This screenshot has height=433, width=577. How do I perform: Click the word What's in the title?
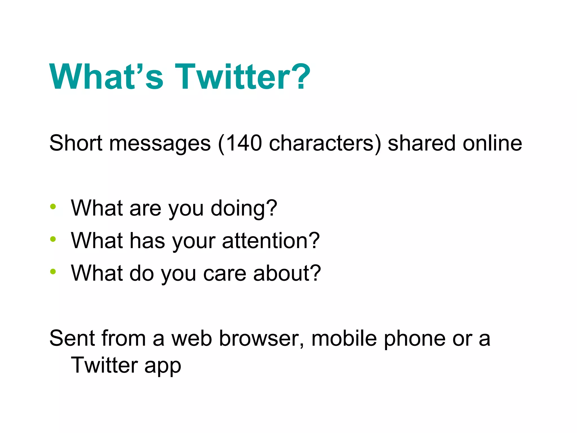pyautogui.click(x=106, y=77)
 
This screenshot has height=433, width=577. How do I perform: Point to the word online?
pyautogui.click(x=492, y=143)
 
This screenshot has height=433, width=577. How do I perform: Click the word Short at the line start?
pyautogui.click(x=76, y=143)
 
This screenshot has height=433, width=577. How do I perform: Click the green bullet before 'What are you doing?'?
pyautogui.click(x=53, y=207)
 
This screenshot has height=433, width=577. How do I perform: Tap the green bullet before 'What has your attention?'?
pyautogui.click(x=53, y=239)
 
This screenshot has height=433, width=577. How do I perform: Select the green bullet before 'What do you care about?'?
pyautogui.click(x=53, y=272)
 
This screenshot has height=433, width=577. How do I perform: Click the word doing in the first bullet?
pyautogui.click(x=241, y=209)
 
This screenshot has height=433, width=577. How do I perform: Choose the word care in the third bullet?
pyautogui.click(x=225, y=273)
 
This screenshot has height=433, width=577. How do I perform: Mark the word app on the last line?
pyautogui.click(x=163, y=366)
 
